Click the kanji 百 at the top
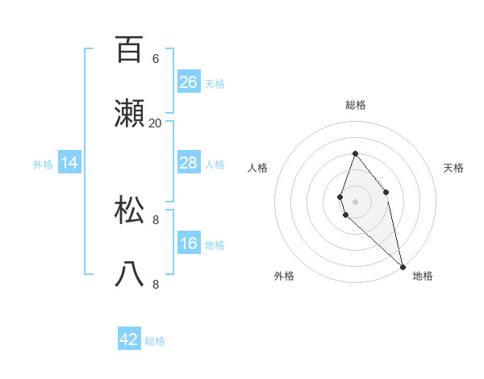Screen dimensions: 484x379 tap(129, 50)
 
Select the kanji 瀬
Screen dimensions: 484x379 tap(129, 115)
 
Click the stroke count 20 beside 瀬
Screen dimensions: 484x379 tap(156, 123)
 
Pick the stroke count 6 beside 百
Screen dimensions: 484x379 tap(156, 58)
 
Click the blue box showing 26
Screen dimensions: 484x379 tap(188, 82)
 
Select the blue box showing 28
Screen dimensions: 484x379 tap(188, 163)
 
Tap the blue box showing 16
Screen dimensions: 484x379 tap(188, 244)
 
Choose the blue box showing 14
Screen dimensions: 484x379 tap(69, 163)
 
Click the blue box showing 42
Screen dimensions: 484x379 tap(129, 339)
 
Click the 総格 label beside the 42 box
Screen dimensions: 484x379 tap(155, 341)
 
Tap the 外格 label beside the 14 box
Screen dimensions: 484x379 tap(43, 165)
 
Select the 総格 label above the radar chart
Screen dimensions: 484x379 tap(355, 105)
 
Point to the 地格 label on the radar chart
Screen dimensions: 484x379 tap(423, 276)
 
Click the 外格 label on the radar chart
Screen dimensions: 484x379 tap(284, 276)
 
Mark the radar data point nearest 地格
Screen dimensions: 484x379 tap(403, 266)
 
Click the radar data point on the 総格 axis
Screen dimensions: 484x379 tap(355, 153)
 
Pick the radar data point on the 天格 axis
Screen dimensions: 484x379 tap(386, 191)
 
